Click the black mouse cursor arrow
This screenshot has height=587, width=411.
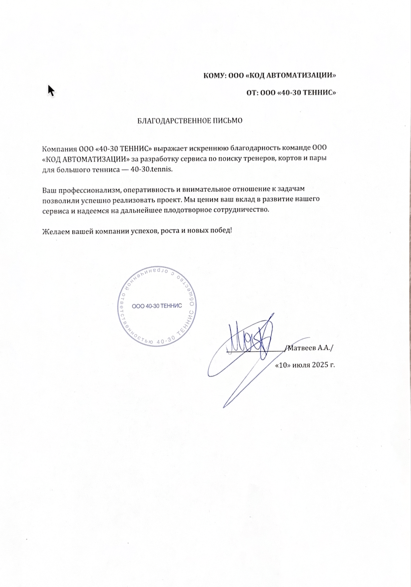[51, 90]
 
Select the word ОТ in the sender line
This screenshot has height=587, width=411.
[251, 93]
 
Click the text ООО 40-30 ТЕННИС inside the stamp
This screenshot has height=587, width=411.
[157, 306]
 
